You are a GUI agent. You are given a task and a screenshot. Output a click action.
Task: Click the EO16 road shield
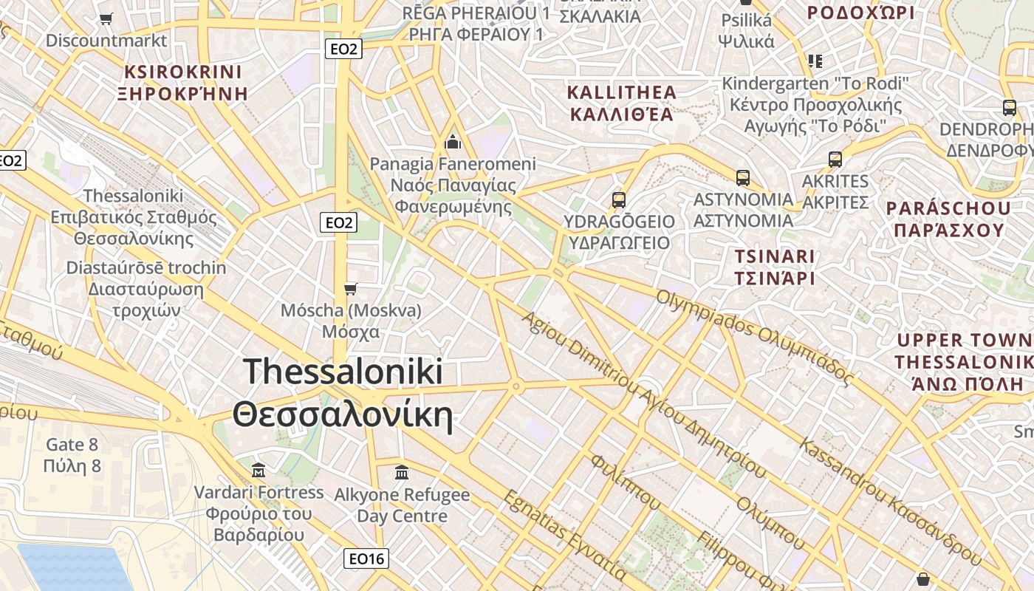click(x=366, y=558)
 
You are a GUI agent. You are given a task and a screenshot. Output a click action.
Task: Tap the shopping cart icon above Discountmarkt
click(x=106, y=18)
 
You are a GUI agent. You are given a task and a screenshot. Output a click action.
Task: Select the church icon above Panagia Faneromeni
click(x=453, y=141)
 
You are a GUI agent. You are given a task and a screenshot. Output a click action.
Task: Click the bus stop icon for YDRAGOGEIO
click(x=619, y=199)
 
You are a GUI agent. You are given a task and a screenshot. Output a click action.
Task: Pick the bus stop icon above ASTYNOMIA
click(x=743, y=177)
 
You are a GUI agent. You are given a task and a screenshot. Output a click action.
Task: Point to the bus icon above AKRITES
click(x=835, y=159)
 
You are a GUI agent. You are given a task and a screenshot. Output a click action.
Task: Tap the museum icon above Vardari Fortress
click(x=258, y=470)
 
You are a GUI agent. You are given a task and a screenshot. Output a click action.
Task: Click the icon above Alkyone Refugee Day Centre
click(x=402, y=472)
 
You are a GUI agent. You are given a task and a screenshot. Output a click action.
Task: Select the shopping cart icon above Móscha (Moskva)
click(x=351, y=288)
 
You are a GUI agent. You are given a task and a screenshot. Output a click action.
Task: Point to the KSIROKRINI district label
click(x=183, y=72)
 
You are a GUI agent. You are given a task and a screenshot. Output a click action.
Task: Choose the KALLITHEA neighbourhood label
click(x=621, y=92)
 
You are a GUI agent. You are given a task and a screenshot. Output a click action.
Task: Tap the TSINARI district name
click(x=774, y=257)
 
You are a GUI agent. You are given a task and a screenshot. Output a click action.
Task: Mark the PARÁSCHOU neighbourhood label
click(x=948, y=208)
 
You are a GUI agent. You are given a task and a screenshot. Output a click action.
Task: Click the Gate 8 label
click(x=72, y=445)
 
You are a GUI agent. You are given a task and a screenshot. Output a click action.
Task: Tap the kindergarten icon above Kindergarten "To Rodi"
click(x=815, y=61)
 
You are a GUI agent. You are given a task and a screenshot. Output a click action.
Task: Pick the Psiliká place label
click(x=746, y=20)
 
